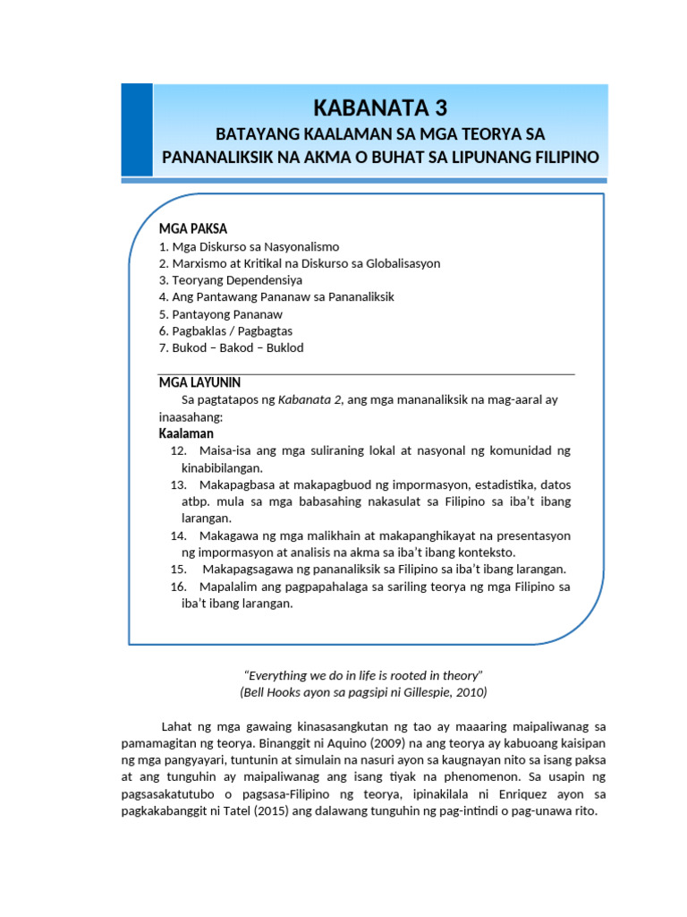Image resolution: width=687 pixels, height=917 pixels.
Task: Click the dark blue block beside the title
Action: click(137, 130)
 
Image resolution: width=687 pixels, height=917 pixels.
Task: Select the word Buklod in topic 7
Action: click(285, 347)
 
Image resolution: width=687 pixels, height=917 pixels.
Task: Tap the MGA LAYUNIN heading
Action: click(199, 382)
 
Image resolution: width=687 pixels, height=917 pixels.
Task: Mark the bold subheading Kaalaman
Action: click(186, 433)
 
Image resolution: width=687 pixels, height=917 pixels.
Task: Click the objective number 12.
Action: click(178, 450)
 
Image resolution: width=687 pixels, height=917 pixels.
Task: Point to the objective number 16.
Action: click(178, 587)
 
